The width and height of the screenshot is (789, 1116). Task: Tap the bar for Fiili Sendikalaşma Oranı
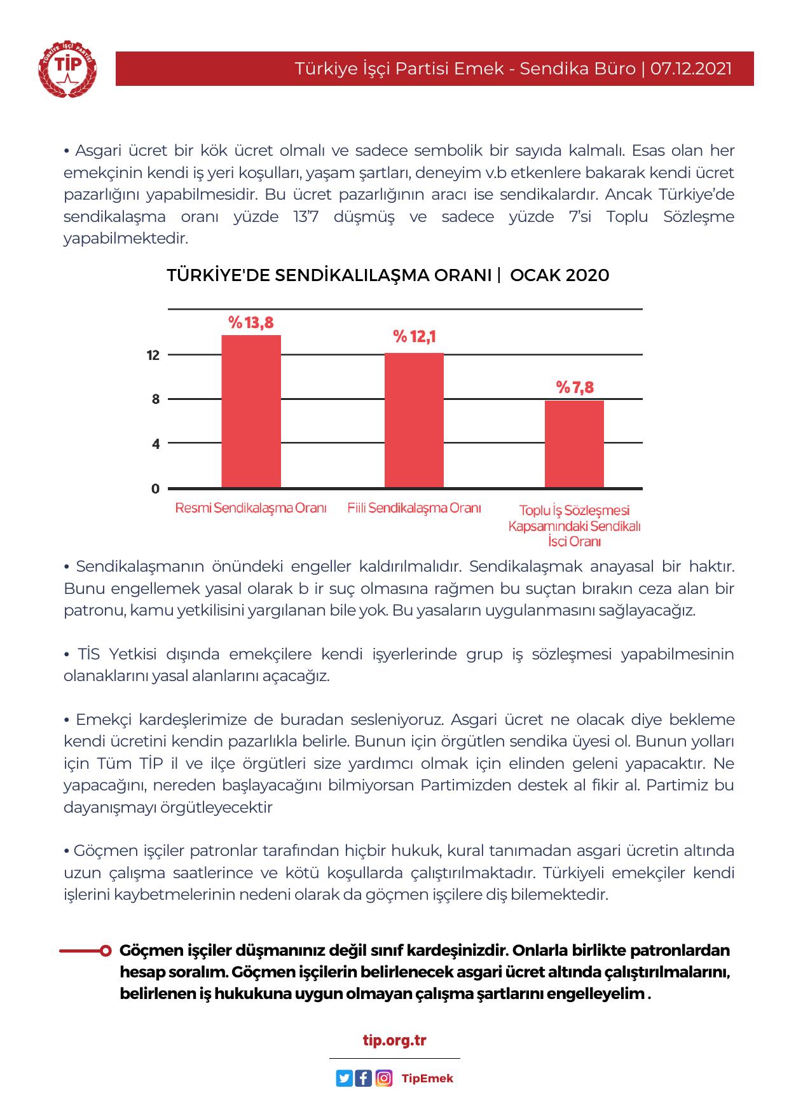click(x=414, y=420)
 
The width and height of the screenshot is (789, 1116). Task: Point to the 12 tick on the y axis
click(x=153, y=355)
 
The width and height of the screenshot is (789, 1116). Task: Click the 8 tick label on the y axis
click(x=155, y=400)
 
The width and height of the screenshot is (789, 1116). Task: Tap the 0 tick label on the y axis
click(x=155, y=489)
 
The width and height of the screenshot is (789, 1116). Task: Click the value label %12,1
click(x=414, y=336)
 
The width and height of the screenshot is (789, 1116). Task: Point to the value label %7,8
click(x=575, y=387)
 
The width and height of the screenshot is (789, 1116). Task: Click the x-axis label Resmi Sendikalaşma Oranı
click(x=250, y=508)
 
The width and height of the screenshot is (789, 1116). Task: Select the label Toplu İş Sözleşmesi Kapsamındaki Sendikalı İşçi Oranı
click(x=574, y=526)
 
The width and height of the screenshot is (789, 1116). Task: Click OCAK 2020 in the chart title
click(x=559, y=275)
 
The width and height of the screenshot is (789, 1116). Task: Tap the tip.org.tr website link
click(x=394, y=1041)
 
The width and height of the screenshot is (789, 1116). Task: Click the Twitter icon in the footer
click(x=344, y=1078)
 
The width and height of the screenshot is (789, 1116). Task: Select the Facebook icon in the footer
click(x=364, y=1078)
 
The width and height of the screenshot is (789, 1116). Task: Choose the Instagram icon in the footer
click(x=383, y=1078)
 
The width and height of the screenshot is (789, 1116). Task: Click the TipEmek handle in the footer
click(x=427, y=1078)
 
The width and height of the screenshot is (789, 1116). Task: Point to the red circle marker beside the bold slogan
click(x=106, y=951)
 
